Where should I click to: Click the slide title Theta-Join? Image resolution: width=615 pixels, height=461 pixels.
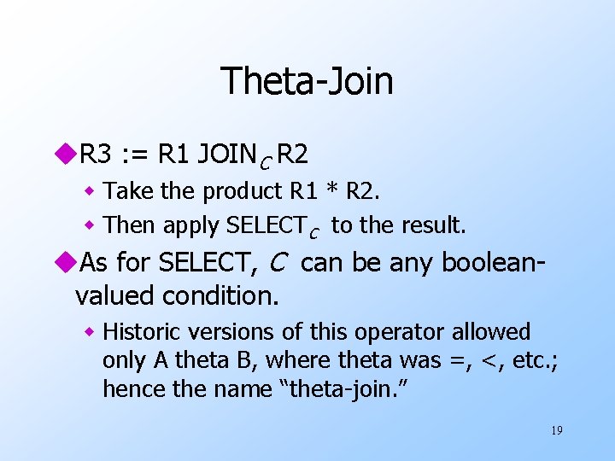[307, 81]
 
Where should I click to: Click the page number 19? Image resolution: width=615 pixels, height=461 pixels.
[556, 430]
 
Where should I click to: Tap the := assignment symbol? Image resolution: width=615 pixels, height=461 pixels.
[133, 155]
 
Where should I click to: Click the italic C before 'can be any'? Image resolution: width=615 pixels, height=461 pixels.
[277, 262]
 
